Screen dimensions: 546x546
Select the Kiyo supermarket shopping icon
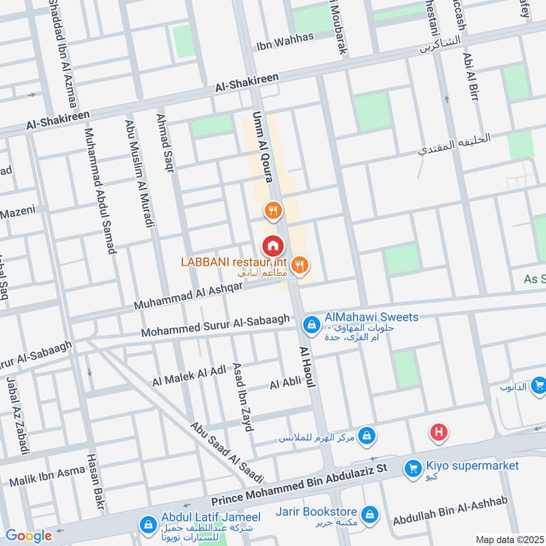(412, 468)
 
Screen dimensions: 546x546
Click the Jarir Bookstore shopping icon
(369, 513)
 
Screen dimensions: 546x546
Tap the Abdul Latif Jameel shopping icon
(146, 525)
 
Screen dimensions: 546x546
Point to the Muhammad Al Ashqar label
(188, 294)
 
